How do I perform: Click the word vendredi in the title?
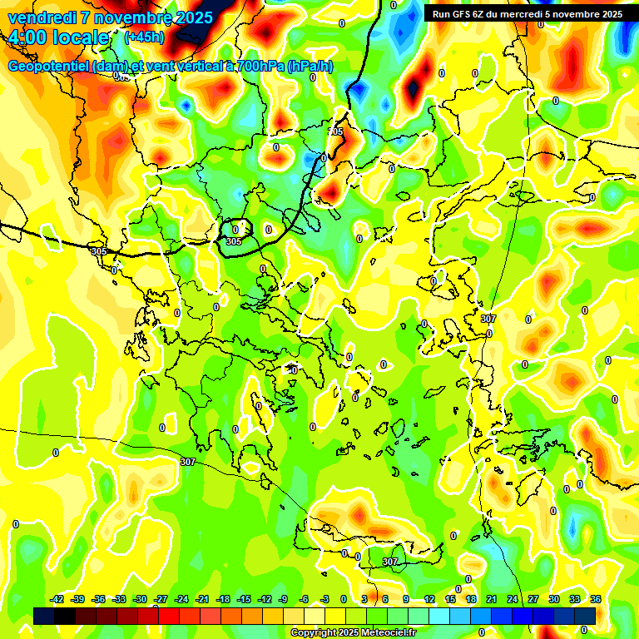(41, 17)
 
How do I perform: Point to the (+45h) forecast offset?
(144, 37)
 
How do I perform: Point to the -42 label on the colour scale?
(57, 599)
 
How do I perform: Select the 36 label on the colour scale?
(596, 599)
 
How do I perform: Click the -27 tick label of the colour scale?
(161, 599)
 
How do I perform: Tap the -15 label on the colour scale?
(244, 599)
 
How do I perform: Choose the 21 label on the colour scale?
(492, 599)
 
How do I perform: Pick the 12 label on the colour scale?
(429, 599)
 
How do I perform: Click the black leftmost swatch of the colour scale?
(44, 616)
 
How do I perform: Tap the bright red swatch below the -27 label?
(169, 616)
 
